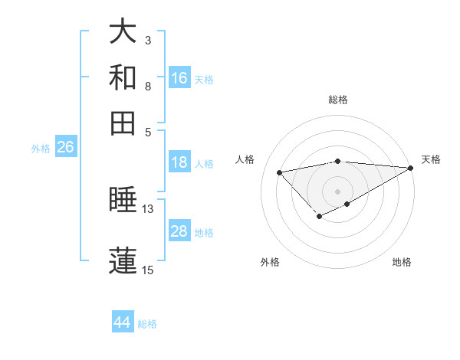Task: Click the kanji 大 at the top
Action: click(x=123, y=32)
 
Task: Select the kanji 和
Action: click(x=123, y=78)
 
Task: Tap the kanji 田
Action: click(x=123, y=123)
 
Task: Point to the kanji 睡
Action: click(x=123, y=201)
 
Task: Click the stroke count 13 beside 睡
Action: click(x=148, y=208)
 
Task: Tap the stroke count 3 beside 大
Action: click(x=148, y=40)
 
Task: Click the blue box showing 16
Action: click(x=179, y=77)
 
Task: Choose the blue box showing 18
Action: click(x=179, y=162)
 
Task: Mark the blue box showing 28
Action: click(x=179, y=231)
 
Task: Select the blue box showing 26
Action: click(x=65, y=147)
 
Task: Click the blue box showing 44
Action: click(x=123, y=322)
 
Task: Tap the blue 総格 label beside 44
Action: click(x=147, y=324)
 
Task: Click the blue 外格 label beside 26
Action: click(x=41, y=149)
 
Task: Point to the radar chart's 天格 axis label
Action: click(x=431, y=159)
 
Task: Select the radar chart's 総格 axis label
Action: click(x=338, y=100)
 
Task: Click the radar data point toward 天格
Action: click(x=411, y=168)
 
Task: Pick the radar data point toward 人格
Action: click(x=280, y=172)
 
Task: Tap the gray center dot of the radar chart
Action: click(x=338, y=191)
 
